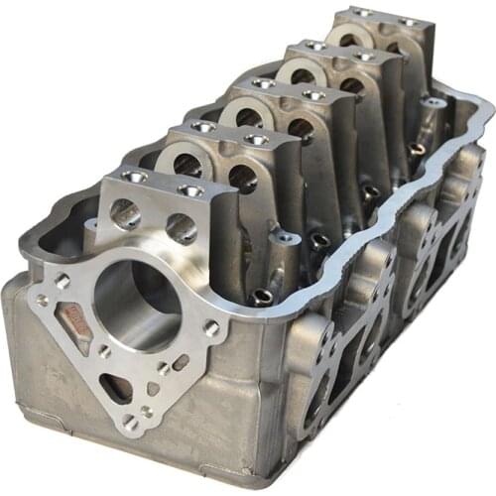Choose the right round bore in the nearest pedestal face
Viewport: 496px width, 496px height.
point(181,228)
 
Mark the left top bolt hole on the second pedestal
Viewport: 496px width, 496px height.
point(203,126)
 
